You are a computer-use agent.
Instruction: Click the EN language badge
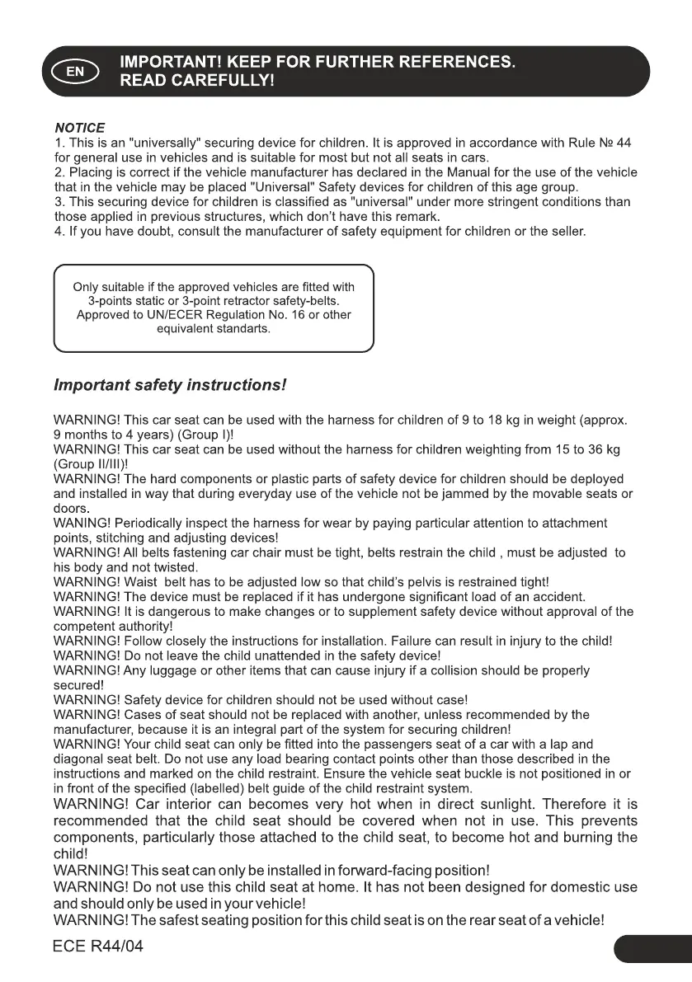point(75,72)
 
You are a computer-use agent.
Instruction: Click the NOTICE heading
point(79,128)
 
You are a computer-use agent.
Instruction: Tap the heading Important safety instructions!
point(170,385)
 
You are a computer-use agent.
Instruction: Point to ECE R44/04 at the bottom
point(98,947)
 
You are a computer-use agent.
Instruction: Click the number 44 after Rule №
point(624,143)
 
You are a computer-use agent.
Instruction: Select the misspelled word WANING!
point(81,524)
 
